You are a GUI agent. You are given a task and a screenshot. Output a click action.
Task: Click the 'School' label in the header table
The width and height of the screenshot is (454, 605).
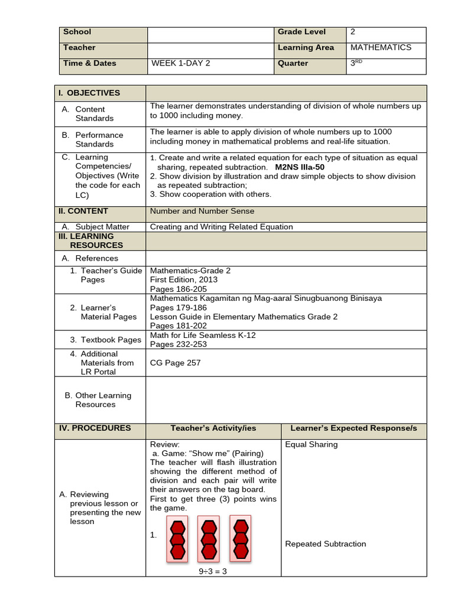(x=77, y=32)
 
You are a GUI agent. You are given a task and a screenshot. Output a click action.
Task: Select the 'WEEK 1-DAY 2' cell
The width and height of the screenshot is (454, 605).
(x=180, y=63)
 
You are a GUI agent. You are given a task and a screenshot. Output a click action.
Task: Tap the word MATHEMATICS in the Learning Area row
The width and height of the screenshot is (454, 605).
(x=381, y=47)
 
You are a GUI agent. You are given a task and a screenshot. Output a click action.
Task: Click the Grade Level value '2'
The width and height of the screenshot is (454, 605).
(x=353, y=32)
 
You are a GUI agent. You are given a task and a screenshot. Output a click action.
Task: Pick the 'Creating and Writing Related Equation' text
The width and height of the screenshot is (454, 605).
(x=221, y=226)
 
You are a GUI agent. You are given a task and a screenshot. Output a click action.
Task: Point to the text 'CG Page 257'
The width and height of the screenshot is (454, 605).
(x=175, y=363)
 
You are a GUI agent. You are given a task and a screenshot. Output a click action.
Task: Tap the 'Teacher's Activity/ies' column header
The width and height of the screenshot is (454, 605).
(x=213, y=428)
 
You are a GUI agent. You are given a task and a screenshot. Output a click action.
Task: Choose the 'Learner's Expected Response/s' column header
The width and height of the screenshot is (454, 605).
(x=354, y=428)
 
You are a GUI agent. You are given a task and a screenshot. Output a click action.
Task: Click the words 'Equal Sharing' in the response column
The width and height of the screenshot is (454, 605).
(x=311, y=444)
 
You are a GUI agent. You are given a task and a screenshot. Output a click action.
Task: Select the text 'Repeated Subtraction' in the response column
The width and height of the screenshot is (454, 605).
(x=325, y=544)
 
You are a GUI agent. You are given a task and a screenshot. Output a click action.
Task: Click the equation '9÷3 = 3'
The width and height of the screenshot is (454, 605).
(x=213, y=571)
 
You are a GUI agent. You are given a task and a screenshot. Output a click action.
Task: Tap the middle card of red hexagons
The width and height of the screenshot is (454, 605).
(x=209, y=538)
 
